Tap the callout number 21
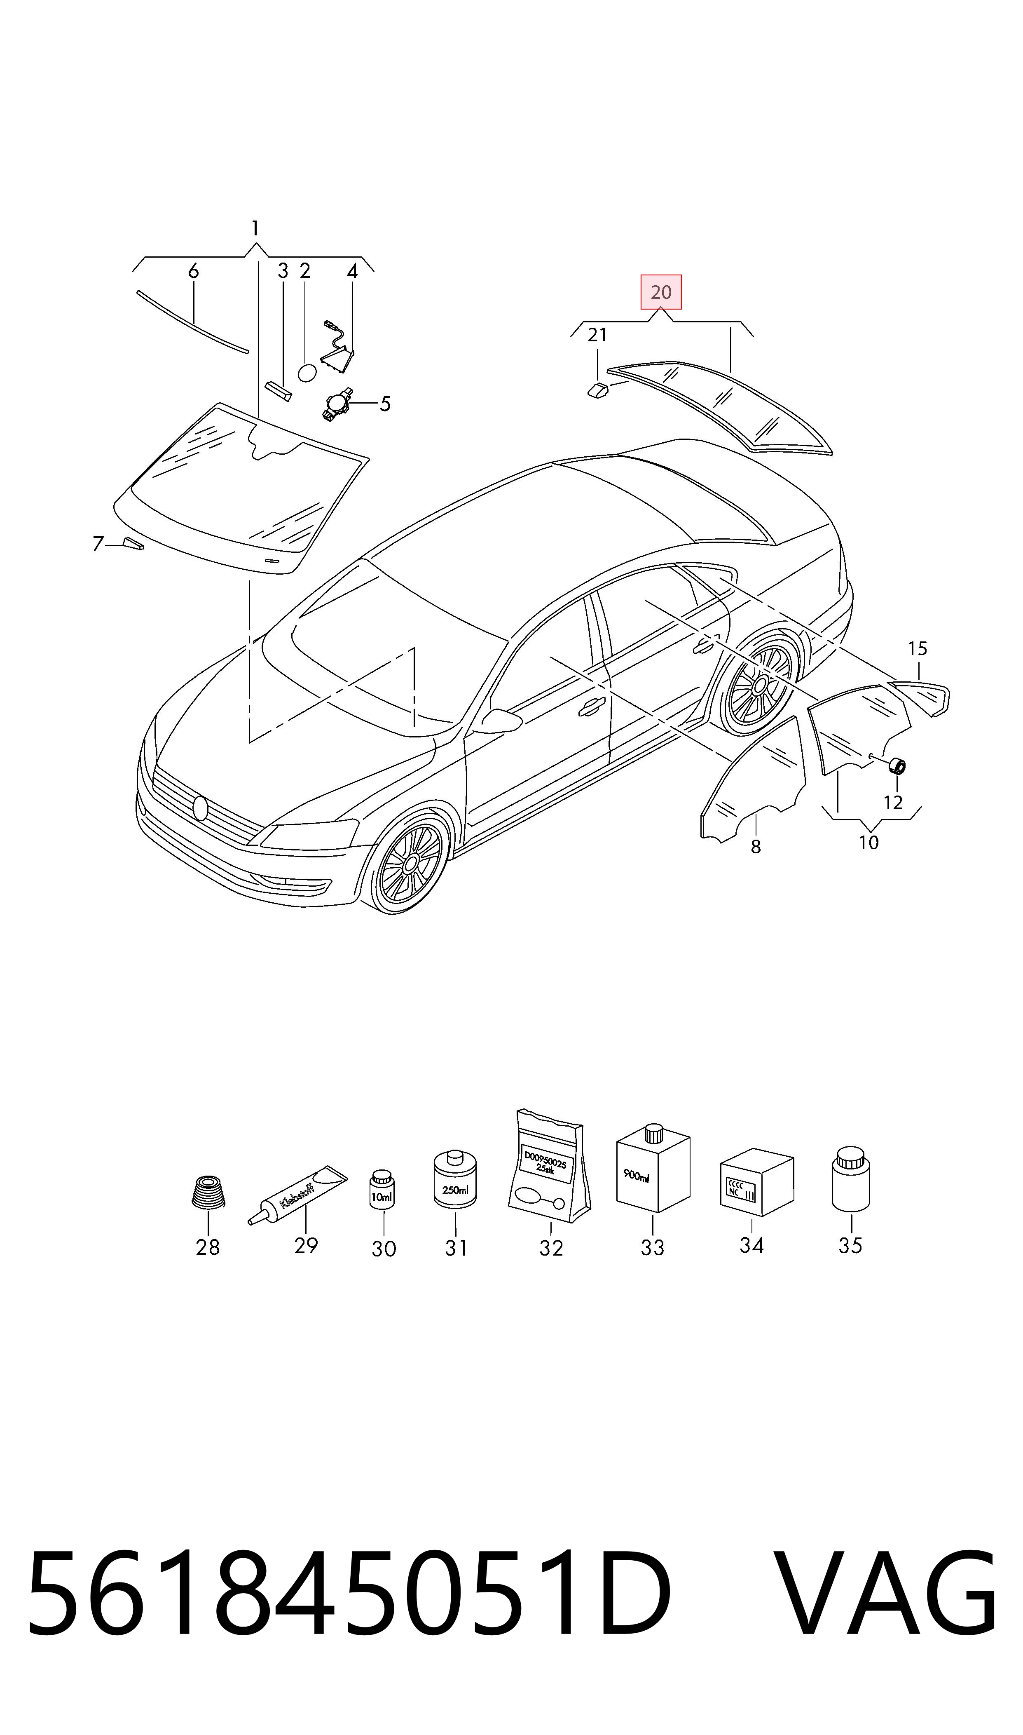597,335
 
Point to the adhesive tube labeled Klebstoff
298,1196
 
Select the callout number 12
893,803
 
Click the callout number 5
385,404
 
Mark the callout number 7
98,544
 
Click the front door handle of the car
592,705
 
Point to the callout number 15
918,648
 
